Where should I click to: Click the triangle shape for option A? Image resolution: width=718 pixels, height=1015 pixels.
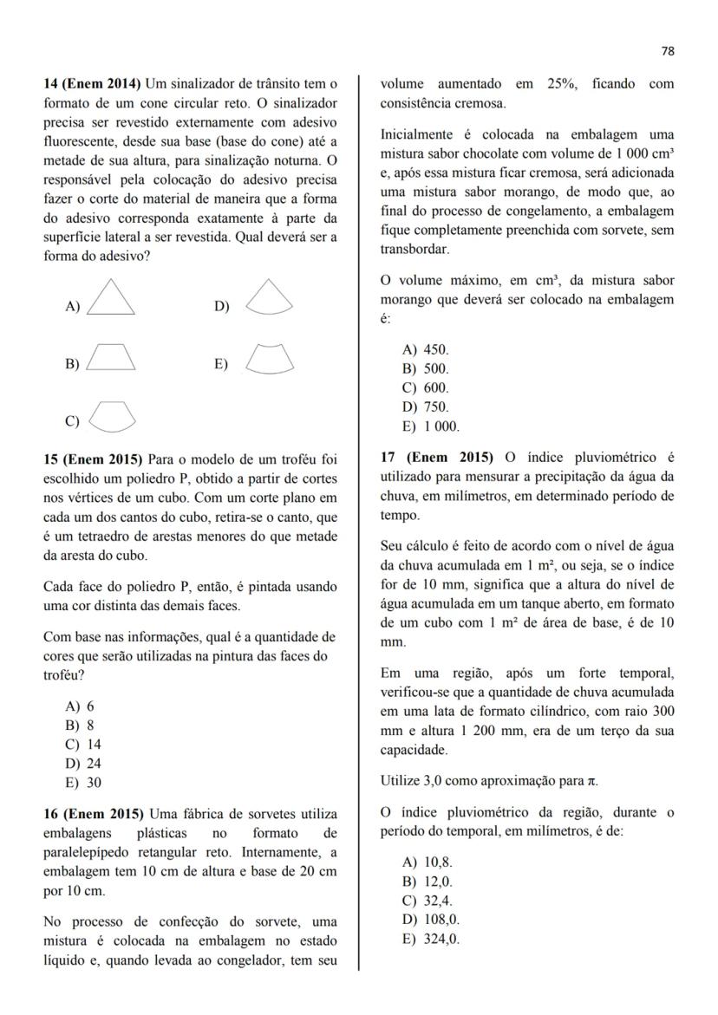pos(111,297)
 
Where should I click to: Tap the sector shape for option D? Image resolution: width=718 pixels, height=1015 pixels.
pos(269,297)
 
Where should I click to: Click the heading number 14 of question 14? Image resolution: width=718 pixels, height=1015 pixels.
pos(50,84)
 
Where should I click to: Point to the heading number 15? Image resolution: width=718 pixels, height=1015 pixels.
pos(50,459)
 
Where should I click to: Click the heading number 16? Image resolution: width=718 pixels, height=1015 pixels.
pos(50,814)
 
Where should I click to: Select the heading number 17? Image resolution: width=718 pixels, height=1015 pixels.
pos(388,457)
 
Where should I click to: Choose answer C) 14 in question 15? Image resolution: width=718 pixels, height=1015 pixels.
pos(82,745)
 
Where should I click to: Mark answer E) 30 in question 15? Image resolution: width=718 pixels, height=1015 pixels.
pos(82,783)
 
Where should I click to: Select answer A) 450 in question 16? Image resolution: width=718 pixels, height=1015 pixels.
pos(426,350)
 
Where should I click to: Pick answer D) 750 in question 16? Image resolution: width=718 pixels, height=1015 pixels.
pos(426,407)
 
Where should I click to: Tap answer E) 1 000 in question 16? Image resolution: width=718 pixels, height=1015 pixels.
pos(431,426)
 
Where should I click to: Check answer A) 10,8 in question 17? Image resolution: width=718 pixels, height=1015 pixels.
pos(428,862)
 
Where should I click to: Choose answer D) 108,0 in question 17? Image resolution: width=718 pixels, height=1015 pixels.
pos(431,920)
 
